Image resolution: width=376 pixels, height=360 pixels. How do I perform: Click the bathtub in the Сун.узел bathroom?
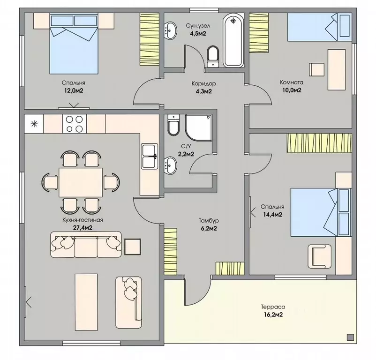pyautogui.click(x=233, y=40)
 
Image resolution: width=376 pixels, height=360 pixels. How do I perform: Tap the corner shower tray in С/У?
pyautogui.click(x=199, y=127)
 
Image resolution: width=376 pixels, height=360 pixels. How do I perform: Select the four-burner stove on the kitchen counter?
pyautogui.click(x=75, y=124)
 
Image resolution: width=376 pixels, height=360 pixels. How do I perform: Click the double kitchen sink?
pyautogui.click(x=150, y=156)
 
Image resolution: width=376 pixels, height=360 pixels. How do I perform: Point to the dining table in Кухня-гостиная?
pyautogui.click(x=81, y=182)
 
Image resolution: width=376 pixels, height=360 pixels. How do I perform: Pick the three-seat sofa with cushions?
pyautogui.click(x=86, y=245)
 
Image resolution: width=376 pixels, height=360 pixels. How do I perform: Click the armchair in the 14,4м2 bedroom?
pyautogui.click(x=319, y=256)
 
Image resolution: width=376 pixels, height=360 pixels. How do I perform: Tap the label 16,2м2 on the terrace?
pyautogui.click(x=273, y=315)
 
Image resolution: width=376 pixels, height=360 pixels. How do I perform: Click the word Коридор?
pyautogui.click(x=203, y=83)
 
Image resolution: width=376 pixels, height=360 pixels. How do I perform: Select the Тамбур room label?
pyautogui.click(x=209, y=220)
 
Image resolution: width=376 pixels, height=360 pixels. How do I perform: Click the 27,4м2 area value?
pyautogui.click(x=83, y=228)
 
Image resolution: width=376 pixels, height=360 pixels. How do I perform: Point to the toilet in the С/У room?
pyautogui.click(x=173, y=124)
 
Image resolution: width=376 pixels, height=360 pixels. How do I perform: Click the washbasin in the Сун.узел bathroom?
pyautogui.click(x=171, y=30)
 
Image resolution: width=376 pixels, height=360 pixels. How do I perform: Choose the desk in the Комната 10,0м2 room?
pyautogui.click(x=337, y=70)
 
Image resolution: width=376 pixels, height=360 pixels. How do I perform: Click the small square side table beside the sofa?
pyautogui.click(x=133, y=247)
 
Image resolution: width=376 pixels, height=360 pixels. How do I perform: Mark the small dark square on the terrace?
pyautogui.click(x=350, y=337)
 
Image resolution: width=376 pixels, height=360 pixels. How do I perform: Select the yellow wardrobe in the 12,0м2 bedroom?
pyautogui.click(x=150, y=39)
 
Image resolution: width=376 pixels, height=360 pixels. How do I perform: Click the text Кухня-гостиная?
pyautogui.click(x=83, y=220)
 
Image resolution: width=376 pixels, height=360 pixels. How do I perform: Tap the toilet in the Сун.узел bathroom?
pyautogui.click(x=213, y=56)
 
